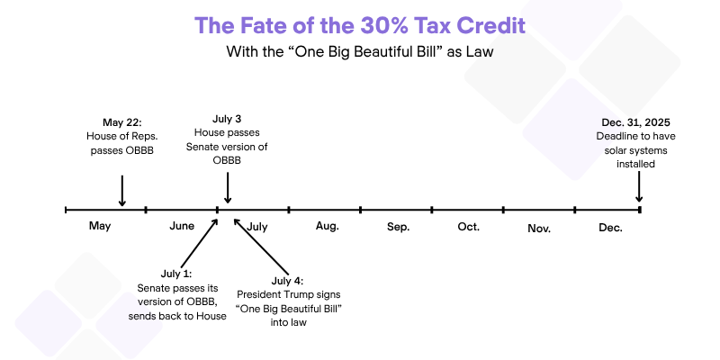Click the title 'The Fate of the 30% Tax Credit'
click(359, 25)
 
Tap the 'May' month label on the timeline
click(100, 227)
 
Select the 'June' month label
click(182, 226)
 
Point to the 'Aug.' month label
click(328, 226)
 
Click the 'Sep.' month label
click(398, 227)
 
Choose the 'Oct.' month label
click(468, 227)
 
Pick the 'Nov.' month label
click(539, 229)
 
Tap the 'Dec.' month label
click(611, 228)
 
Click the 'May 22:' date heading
click(121, 122)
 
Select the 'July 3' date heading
click(227, 120)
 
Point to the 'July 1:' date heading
click(176, 274)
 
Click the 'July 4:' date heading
click(287, 281)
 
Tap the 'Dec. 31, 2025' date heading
click(636, 122)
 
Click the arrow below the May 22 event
click(121, 191)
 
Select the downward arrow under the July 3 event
click(228, 188)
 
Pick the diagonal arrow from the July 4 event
click(261, 247)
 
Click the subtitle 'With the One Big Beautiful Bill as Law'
click(359, 51)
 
